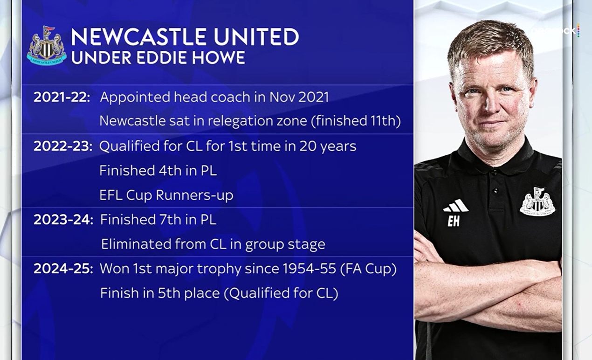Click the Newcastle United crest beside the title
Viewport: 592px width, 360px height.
pos(47,45)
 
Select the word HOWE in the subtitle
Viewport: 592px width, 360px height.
pos(219,58)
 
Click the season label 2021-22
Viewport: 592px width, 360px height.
pos(62,97)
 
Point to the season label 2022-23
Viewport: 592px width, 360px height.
pos(63,146)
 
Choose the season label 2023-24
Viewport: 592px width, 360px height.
pos(63,220)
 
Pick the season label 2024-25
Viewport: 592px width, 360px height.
pos(63,269)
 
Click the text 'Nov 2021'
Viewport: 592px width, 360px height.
pos(299,97)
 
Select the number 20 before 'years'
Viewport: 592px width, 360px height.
pos(308,146)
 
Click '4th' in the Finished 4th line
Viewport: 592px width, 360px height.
pos(170,171)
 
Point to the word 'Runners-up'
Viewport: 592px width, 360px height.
pos(194,195)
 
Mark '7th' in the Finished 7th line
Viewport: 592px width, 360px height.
pos(170,220)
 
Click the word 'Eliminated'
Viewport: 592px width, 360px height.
pos(137,244)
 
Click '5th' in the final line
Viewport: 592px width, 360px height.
pos(169,293)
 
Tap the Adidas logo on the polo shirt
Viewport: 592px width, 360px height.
pos(455,206)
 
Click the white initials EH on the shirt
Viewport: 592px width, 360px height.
pos(454,221)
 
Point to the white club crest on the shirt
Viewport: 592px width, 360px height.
pos(537,201)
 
